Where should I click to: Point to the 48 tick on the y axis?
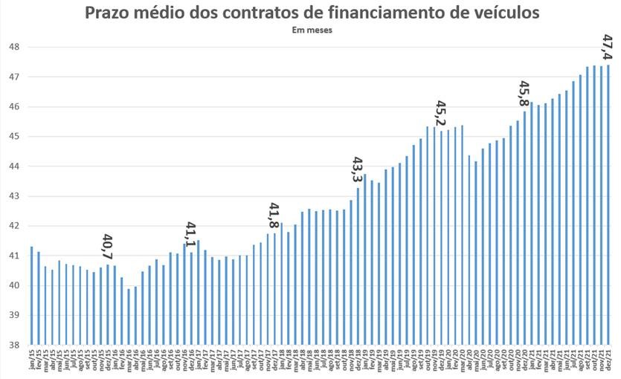[x=13, y=47]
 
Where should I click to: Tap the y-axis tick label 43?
[x=13, y=196]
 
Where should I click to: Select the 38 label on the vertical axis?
[x=13, y=345]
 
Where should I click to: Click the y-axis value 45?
[x=13, y=137]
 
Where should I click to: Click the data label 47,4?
[x=607, y=47]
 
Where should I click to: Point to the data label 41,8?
[x=274, y=215]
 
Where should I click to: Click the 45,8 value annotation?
[x=524, y=94]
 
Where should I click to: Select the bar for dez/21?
[x=608, y=204]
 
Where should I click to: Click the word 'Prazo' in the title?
[x=109, y=13]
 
